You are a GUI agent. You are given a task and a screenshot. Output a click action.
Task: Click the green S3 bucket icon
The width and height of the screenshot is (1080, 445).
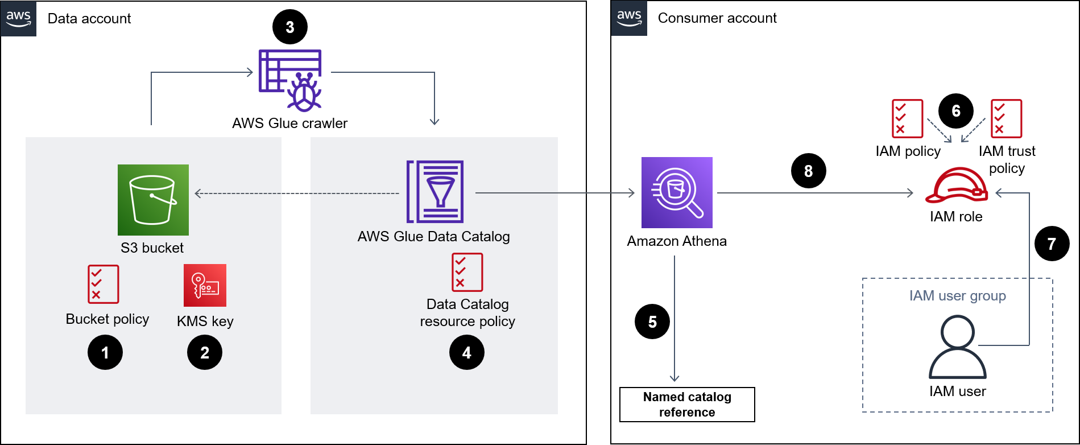tap(153, 200)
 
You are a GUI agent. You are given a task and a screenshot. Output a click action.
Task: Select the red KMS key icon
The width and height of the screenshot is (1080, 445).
tap(205, 285)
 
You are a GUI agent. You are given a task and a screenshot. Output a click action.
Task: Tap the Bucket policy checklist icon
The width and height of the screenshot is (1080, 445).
tap(104, 284)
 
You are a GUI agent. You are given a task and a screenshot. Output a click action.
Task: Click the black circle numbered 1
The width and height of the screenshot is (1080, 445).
tap(105, 353)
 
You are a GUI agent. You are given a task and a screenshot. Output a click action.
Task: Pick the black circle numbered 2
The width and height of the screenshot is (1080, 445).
tap(205, 353)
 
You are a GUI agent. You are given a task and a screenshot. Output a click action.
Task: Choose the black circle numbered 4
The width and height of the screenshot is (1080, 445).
tap(467, 353)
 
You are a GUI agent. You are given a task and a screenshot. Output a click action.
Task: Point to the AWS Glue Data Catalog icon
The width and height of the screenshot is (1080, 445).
tap(435, 192)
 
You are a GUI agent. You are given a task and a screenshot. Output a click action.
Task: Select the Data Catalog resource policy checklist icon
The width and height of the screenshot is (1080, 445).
tap(467, 272)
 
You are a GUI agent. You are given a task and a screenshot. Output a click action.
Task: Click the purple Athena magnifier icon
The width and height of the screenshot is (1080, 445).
tap(677, 192)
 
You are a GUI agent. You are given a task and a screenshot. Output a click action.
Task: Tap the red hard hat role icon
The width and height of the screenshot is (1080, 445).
tap(957, 186)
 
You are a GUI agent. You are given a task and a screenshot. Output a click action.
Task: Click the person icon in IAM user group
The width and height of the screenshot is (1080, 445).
tap(958, 347)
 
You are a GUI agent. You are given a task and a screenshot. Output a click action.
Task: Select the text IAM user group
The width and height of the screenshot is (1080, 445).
tap(958, 296)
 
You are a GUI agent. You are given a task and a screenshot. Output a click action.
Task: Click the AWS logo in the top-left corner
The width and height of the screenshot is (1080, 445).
tap(18, 18)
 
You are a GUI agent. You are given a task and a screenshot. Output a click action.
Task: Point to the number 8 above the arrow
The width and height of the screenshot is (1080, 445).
tap(808, 171)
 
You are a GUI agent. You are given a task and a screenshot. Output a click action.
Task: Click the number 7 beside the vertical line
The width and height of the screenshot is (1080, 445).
tap(1052, 244)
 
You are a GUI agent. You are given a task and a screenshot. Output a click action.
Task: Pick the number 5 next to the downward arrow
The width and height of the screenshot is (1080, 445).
tap(652, 322)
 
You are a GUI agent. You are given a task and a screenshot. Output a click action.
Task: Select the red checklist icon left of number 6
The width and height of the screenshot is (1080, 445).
tap(907, 118)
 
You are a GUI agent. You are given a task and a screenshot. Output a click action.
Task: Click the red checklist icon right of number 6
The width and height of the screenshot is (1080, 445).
tap(1006, 118)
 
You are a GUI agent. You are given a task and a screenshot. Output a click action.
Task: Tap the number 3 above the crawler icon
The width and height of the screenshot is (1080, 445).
tap(290, 27)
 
